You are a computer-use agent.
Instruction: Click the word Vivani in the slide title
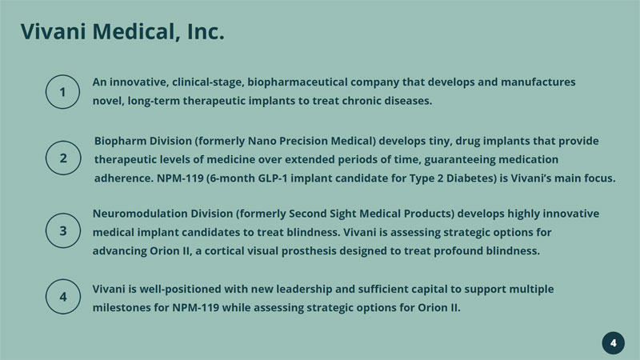(53, 31)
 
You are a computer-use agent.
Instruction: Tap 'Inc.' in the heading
(206, 31)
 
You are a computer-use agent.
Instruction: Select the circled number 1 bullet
(62, 92)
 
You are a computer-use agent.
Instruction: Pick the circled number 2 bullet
(63, 158)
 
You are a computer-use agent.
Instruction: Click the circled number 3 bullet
(63, 230)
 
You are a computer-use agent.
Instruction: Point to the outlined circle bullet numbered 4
(63, 297)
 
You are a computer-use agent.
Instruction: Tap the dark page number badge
(613, 343)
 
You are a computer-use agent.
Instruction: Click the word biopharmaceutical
(297, 82)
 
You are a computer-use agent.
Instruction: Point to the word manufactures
(538, 82)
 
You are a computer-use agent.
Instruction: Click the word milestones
(122, 307)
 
